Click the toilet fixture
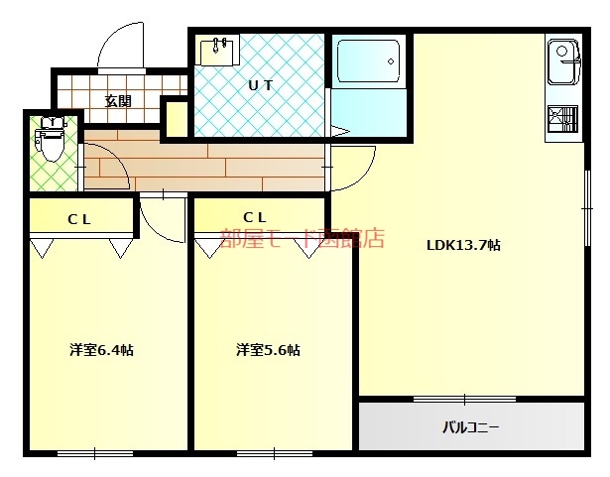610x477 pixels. coord(51,138)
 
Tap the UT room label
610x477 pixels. coord(260,85)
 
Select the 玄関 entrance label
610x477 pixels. coord(118,101)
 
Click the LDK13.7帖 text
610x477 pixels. coord(463,245)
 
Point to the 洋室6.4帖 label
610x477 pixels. coord(101,350)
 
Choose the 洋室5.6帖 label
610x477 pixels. coord(268,350)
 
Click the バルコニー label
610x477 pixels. coord(471,427)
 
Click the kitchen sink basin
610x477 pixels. coord(563,61)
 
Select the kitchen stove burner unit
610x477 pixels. coord(562,119)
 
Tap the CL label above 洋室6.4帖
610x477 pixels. coord(79,219)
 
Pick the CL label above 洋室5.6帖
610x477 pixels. coord(255,217)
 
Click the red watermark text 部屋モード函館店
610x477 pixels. coord(303,238)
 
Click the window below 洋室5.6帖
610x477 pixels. coord(275,453)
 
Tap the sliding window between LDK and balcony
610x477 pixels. coord(464,399)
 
